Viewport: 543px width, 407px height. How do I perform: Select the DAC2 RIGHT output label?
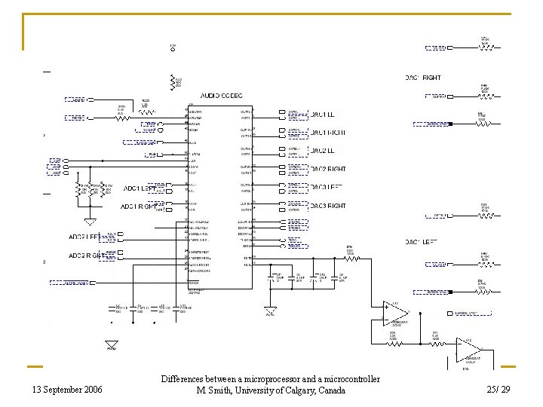pos(327,170)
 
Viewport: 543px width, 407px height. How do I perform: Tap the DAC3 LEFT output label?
pos(327,188)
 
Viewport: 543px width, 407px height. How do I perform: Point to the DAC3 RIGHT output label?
pos(327,206)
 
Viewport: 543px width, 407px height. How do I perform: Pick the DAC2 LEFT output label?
pos(327,151)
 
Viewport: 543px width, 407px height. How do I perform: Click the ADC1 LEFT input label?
pos(140,188)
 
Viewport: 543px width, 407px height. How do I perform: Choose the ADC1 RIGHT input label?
pos(140,206)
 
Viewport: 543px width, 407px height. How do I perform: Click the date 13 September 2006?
pos(67,390)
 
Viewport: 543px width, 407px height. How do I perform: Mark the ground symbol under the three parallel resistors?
pos(89,221)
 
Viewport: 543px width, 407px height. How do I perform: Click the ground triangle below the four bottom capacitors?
pos(111,344)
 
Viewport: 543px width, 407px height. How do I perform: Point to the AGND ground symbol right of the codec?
pos(270,311)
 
